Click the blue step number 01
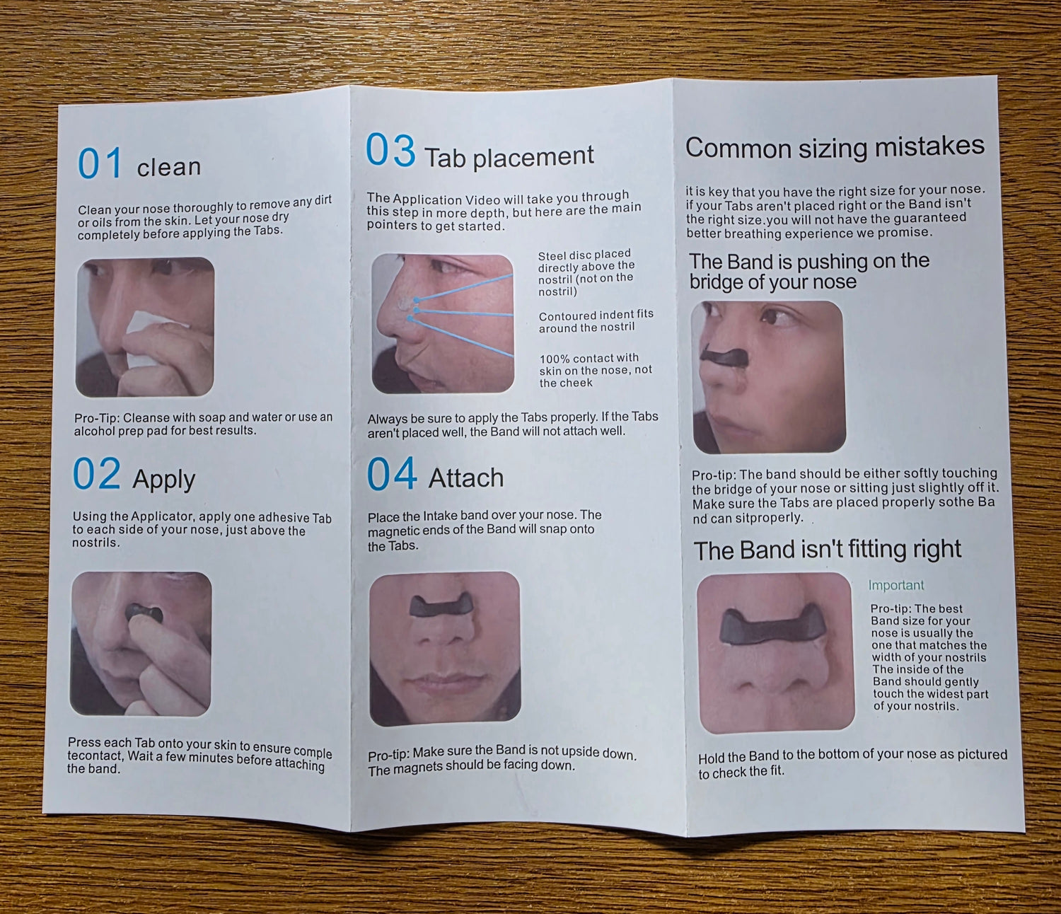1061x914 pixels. click(100, 163)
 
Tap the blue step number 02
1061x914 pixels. click(96, 473)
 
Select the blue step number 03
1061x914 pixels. click(390, 150)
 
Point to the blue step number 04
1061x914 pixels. click(392, 473)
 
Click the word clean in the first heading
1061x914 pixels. click(168, 167)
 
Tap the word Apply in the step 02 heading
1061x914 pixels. click(163, 480)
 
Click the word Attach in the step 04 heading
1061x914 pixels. click(465, 478)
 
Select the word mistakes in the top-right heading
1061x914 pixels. click(929, 146)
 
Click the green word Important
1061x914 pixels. click(895, 585)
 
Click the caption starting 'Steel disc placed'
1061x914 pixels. click(586, 272)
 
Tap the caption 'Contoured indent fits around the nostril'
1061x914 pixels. click(596, 320)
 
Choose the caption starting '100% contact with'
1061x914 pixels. click(596, 370)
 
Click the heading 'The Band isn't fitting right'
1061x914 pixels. click(827, 550)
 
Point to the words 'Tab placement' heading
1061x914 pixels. click(509, 156)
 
